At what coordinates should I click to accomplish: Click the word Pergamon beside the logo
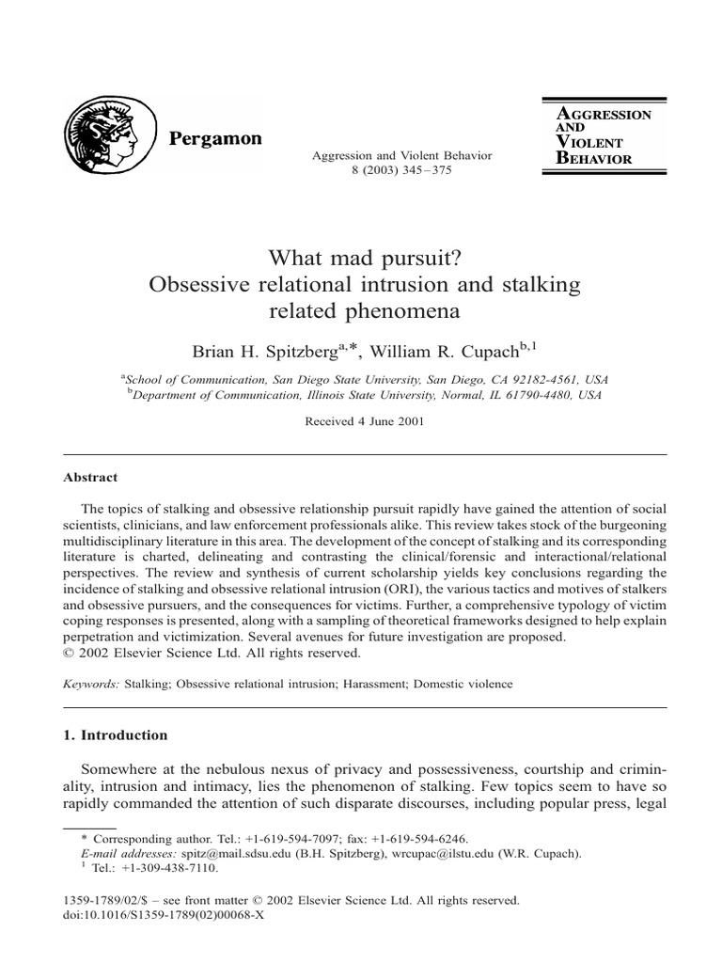[x=215, y=139]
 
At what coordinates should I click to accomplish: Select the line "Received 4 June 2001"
[x=365, y=422]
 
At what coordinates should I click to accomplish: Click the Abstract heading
[x=90, y=478]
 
